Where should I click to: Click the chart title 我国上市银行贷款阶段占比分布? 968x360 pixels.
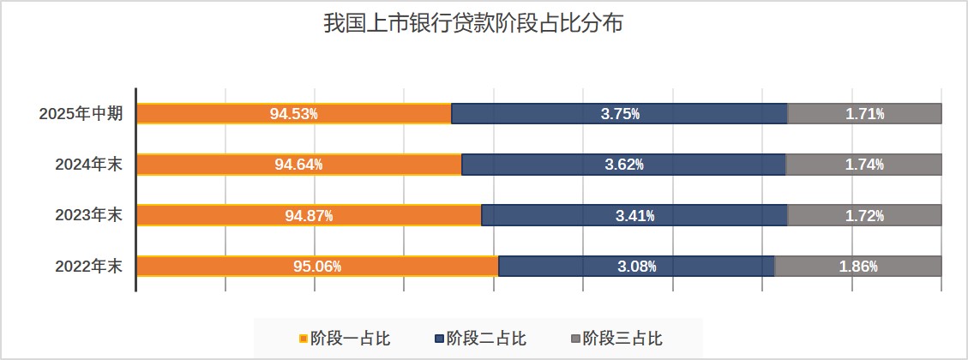click(472, 23)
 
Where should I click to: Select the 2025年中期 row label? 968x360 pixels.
click(81, 114)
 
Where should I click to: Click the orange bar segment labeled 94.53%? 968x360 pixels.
click(294, 114)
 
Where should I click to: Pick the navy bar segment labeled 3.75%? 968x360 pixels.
click(619, 114)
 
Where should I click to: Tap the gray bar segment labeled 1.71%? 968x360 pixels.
click(864, 114)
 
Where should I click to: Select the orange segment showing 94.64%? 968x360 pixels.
click(299, 165)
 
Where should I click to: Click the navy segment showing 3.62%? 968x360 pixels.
click(623, 165)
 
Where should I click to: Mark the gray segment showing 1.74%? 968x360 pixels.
click(864, 165)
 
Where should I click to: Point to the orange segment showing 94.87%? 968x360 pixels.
click(309, 215)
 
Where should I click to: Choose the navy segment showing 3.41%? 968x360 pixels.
click(634, 215)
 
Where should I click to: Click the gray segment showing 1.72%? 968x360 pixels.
click(864, 215)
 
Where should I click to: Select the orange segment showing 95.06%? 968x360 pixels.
click(317, 266)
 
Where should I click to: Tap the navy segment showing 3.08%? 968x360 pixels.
click(636, 266)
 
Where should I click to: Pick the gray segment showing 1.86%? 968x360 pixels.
click(858, 266)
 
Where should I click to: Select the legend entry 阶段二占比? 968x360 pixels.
click(479, 339)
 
